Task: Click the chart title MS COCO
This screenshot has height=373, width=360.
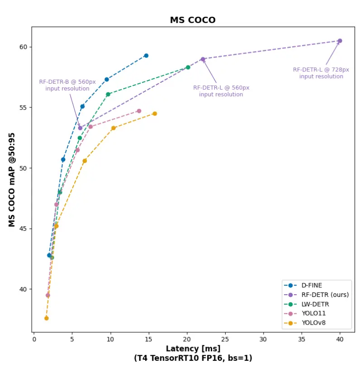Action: pyautogui.click(x=193, y=20)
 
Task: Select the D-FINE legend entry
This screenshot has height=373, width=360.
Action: pyautogui.click(x=312, y=285)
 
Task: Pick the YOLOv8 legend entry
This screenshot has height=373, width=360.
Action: pyautogui.click(x=313, y=323)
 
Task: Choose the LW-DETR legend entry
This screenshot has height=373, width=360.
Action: pyautogui.click(x=315, y=304)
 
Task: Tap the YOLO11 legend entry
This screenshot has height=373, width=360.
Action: pyautogui.click(x=313, y=313)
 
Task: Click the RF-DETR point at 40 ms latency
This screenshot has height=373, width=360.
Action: pyautogui.click(x=340, y=41)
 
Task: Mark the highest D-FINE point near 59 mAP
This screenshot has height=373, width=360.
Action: pyautogui.click(x=146, y=56)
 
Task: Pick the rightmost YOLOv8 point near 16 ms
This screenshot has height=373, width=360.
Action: pyautogui.click(x=155, y=114)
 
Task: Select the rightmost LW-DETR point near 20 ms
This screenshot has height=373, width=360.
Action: pyautogui.click(x=188, y=67)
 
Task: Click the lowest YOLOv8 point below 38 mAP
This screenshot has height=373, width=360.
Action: pyautogui.click(x=46, y=318)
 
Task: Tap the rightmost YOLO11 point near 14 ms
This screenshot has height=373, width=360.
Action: pyautogui.click(x=139, y=111)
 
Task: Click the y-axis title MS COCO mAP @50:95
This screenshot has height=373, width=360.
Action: pyautogui.click(x=12, y=180)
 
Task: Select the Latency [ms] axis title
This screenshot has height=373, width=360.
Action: pyautogui.click(x=193, y=349)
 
